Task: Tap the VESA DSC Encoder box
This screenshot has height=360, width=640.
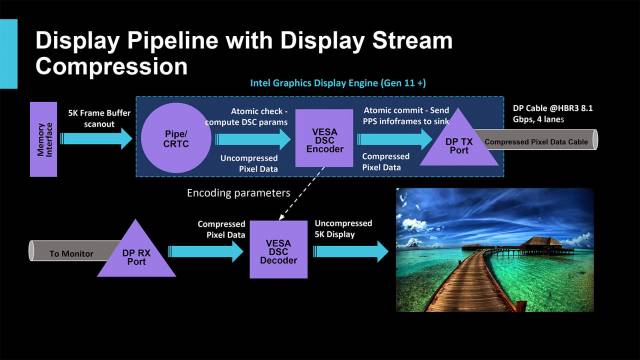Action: (322, 140)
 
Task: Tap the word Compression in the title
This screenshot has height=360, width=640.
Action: (111, 66)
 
